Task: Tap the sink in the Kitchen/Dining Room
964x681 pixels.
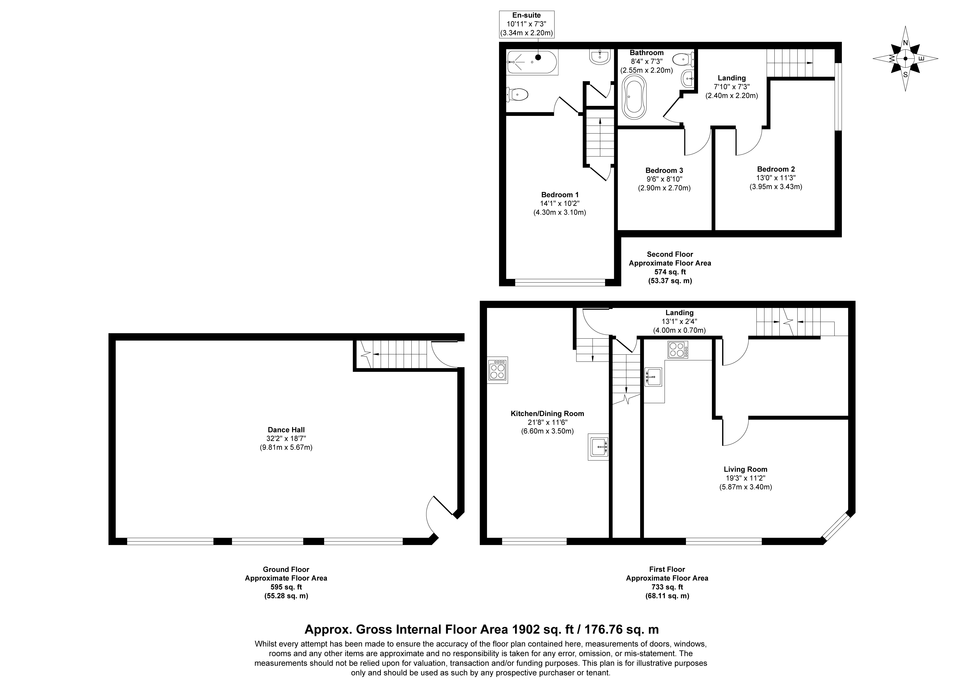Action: click(598, 447)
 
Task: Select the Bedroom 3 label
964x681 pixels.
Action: click(664, 170)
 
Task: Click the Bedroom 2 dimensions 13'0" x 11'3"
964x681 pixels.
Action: click(776, 178)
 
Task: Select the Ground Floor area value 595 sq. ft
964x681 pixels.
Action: click(286, 587)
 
